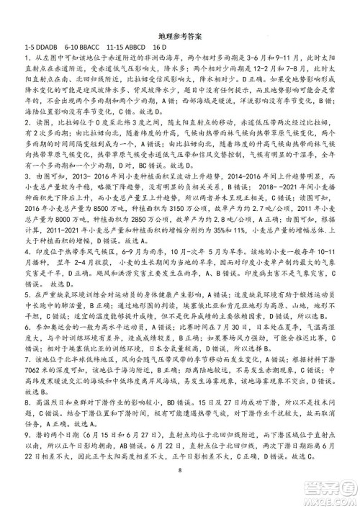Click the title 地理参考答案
tap(180, 34)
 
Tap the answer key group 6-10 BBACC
tap(89, 45)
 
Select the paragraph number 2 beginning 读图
tap(27, 124)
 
